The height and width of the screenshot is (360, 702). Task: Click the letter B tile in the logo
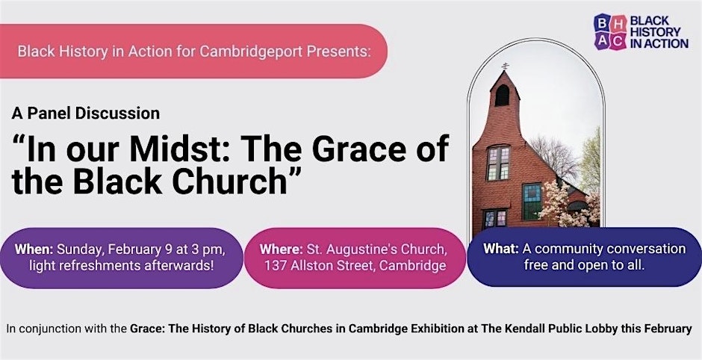[602, 23]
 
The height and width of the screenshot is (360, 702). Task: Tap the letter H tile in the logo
[618, 23]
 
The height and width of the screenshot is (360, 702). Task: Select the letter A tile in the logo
[602, 41]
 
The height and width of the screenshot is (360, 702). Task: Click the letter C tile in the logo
[618, 41]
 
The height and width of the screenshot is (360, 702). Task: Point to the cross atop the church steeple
[505, 66]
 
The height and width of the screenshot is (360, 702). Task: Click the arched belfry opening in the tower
[502, 96]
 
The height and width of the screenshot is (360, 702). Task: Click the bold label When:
[34, 249]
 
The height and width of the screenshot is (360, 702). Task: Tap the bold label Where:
[281, 249]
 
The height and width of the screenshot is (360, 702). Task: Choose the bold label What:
[501, 249]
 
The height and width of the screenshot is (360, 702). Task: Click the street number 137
[274, 266]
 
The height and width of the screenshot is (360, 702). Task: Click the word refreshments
[99, 266]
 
